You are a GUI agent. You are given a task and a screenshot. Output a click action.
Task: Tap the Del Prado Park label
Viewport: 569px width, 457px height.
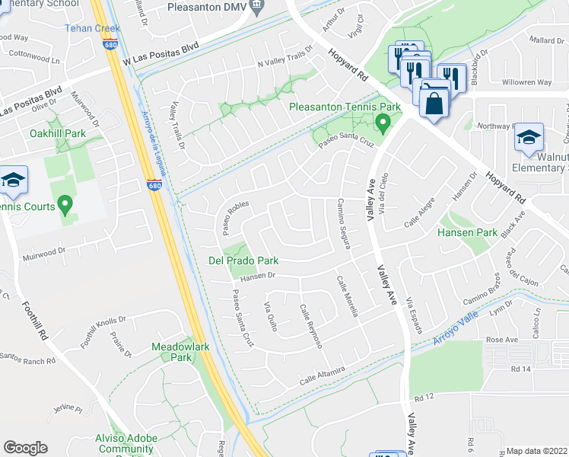(x=243, y=260)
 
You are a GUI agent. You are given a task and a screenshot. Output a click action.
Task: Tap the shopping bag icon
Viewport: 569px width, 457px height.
(x=434, y=103)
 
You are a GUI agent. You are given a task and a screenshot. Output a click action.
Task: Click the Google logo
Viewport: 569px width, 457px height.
(x=25, y=448)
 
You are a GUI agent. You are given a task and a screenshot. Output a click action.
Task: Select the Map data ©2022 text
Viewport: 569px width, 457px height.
(x=537, y=451)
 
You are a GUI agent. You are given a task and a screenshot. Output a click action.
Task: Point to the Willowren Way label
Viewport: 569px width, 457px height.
(x=527, y=82)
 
